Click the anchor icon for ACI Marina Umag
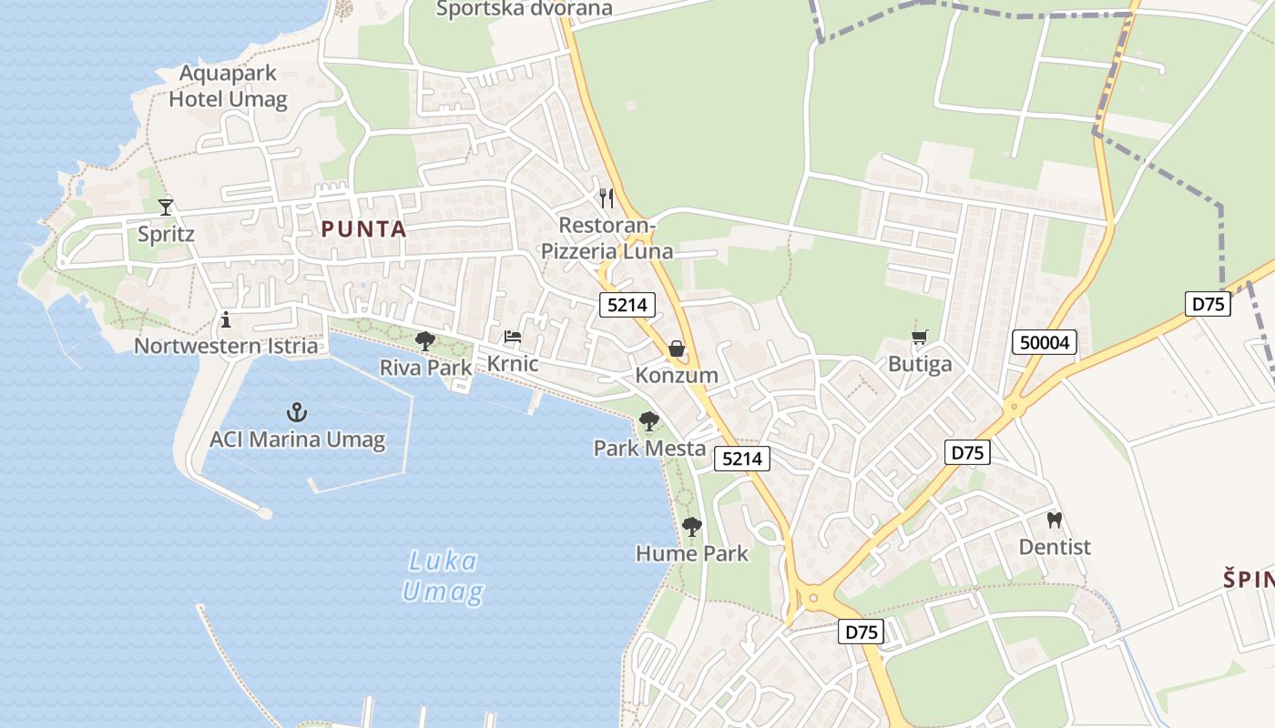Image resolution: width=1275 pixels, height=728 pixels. click(x=297, y=412)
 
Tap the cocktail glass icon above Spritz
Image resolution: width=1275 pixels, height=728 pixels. click(x=165, y=207)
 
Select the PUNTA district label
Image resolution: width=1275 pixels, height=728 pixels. click(x=363, y=229)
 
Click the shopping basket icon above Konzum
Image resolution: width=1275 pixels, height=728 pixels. click(x=677, y=348)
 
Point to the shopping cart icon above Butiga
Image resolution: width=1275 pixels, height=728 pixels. click(x=920, y=338)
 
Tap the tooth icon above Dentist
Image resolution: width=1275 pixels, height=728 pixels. click(x=1055, y=521)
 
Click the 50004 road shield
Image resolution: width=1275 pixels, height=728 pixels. click(x=1044, y=342)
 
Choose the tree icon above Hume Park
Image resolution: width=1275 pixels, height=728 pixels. click(x=692, y=526)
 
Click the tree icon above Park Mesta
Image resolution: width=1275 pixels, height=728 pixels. click(x=649, y=420)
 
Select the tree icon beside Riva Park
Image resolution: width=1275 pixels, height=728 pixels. click(x=424, y=341)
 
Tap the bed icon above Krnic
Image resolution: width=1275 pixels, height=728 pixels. click(x=513, y=337)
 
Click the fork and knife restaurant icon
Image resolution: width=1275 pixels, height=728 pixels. click(x=606, y=197)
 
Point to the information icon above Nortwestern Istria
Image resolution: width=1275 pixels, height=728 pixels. click(x=226, y=319)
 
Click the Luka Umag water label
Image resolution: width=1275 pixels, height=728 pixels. click(x=443, y=576)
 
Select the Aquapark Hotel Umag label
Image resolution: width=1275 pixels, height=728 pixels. click(x=228, y=86)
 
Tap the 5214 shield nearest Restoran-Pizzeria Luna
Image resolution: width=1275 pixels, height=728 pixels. click(x=627, y=305)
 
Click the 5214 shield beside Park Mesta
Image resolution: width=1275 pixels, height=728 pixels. click(x=741, y=459)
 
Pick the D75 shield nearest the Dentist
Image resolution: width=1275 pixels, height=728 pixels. click(x=969, y=451)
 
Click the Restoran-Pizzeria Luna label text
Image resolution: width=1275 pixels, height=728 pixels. click(x=607, y=238)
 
